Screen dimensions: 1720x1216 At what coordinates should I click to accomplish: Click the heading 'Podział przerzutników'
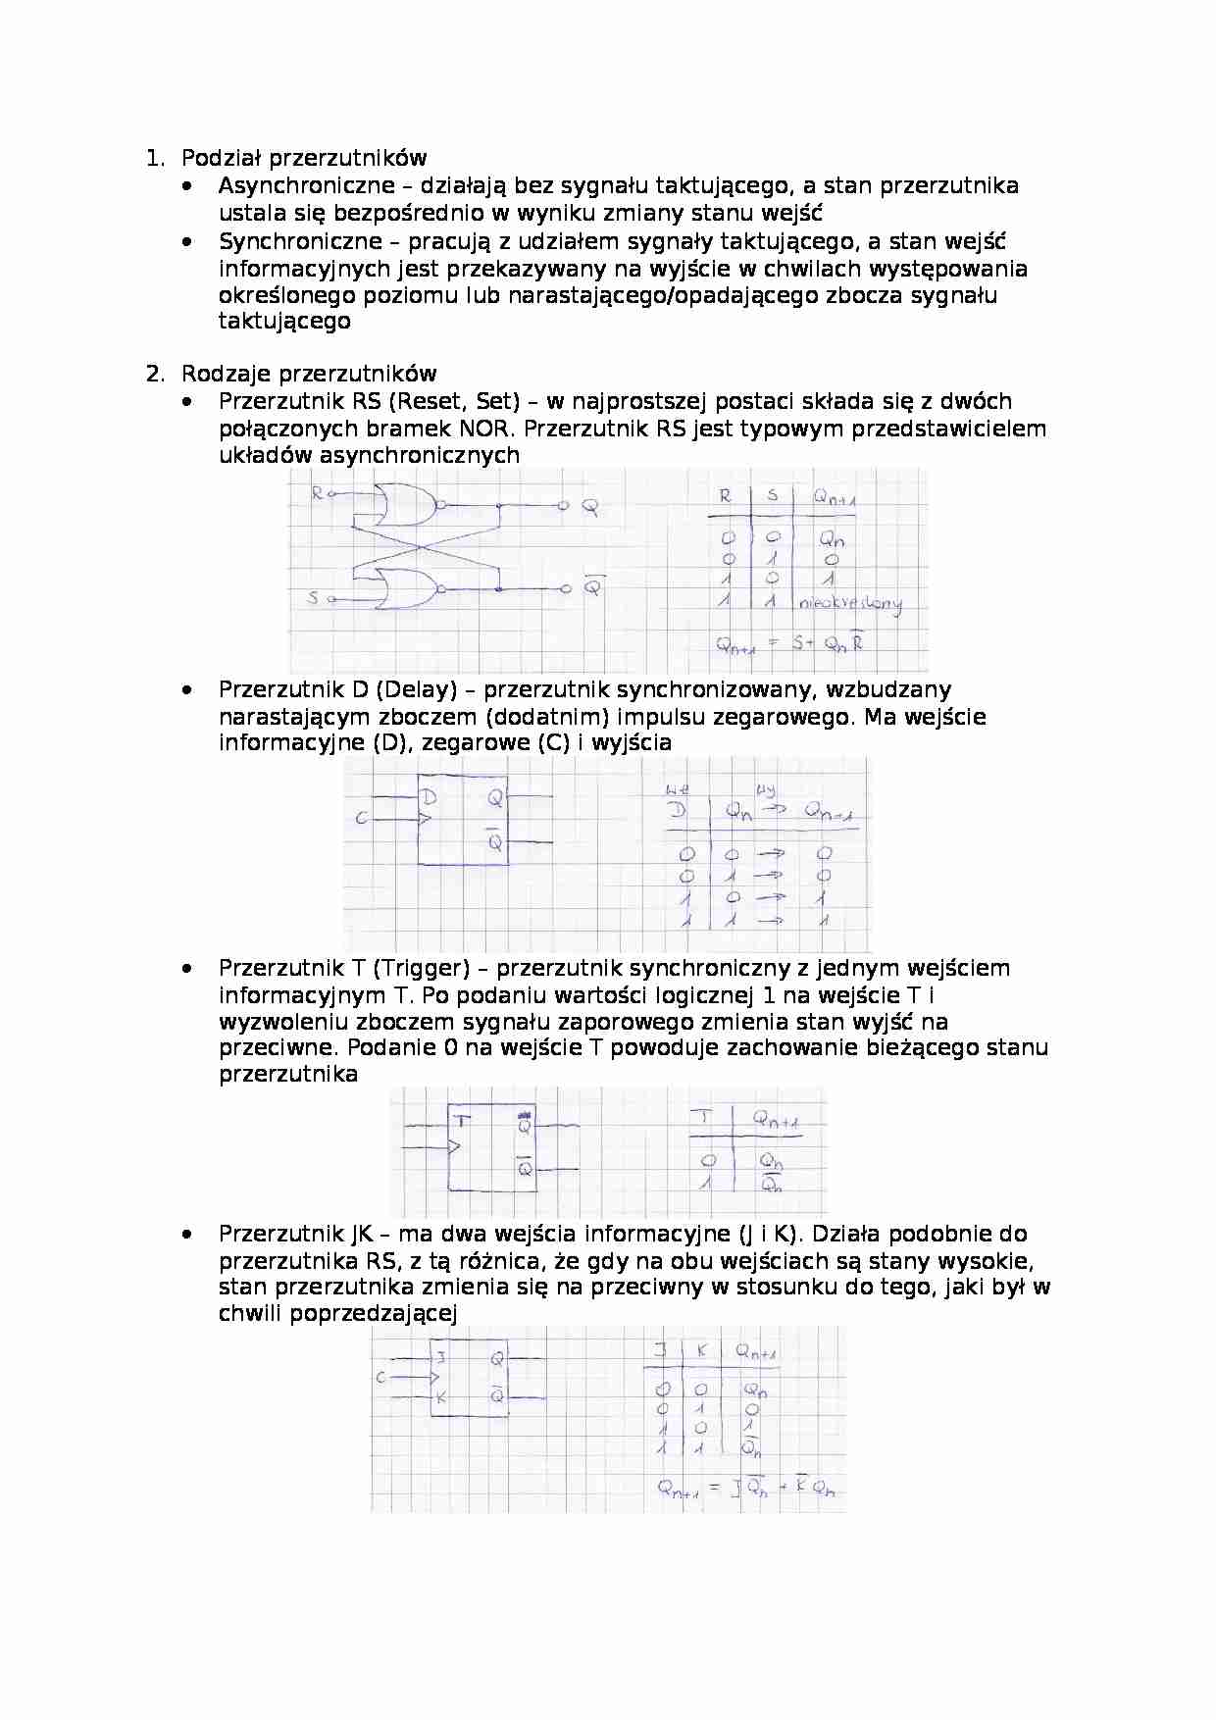[304, 158]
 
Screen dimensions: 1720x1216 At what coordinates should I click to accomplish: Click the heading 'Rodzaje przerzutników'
[309, 374]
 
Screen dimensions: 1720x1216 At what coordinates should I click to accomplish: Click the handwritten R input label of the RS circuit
[317, 493]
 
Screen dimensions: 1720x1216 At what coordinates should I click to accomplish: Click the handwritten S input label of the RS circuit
[314, 597]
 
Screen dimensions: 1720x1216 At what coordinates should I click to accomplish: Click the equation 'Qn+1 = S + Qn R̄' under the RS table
[789, 644]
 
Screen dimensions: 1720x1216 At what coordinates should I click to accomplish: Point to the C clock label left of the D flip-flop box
[361, 818]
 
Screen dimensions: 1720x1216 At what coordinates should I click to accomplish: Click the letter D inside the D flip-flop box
[429, 797]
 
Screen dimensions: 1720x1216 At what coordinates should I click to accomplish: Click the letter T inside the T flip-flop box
[463, 1121]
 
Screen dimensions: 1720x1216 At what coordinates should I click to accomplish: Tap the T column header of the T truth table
[704, 1118]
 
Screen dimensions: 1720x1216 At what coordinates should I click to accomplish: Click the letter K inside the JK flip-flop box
[441, 1398]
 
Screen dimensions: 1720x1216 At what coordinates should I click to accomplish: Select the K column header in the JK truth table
[701, 1351]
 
